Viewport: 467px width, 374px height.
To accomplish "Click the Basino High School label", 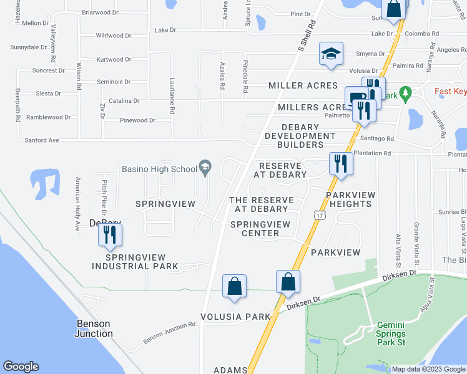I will click(x=159, y=169).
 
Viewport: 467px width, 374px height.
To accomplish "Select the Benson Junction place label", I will click(x=94, y=328).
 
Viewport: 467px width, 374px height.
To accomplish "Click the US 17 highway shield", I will click(x=318, y=215).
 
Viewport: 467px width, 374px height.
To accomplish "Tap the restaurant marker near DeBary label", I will click(x=110, y=235).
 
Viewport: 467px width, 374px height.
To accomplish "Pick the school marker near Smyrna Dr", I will click(x=331, y=54).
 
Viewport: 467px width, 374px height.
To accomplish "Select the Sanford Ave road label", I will click(x=42, y=141).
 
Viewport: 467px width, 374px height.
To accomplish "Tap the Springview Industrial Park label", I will click(x=128, y=262).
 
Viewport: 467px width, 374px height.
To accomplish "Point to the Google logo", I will click(x=21, y=367).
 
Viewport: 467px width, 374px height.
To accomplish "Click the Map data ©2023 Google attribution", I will click(x=427, y=369).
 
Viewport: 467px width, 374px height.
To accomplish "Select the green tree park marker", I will click(x=405, y=93).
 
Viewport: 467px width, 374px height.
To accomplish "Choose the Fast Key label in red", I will click(x=450, y=92).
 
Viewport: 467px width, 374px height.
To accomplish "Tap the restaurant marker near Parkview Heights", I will click(x=341, y=165).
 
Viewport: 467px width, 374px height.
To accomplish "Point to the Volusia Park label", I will click(x=235, y=316).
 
